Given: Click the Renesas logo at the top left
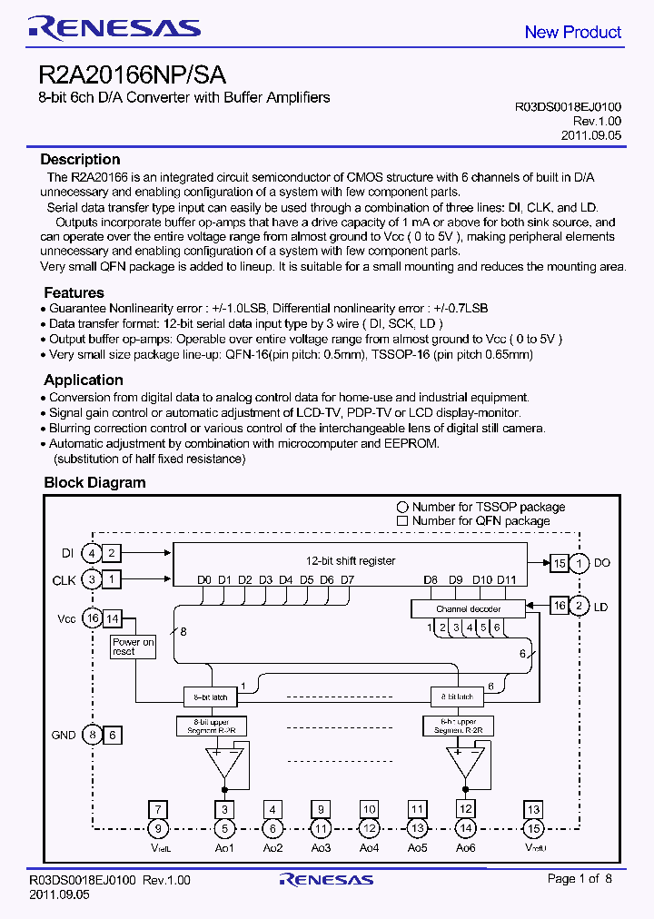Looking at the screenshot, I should click(x=114, y=29).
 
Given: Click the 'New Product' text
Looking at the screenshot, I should click(x=572, y=32).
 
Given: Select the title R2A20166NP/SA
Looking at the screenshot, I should click(x=133, y=74).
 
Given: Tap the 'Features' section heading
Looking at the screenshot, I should click(x=74, y=292).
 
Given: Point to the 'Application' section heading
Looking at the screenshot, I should click(x=83, y=380).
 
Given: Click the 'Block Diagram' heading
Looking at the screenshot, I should click(x=94, y=482).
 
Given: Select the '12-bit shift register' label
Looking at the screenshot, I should click(x=350, y=561).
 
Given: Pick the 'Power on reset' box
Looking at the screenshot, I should click(x=134, y=647).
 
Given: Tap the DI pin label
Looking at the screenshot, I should click(x=67, y=553).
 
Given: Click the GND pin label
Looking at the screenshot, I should click(x=64, y=735).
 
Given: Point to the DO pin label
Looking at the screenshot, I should click(x=602, y=563).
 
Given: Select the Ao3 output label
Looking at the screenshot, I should click(x=321, y=847).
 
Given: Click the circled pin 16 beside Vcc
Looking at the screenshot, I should click(x=91, y=618).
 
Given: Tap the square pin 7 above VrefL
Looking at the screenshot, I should click(x=159, y=809).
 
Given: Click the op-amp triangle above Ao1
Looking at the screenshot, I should click(x=224, y=760).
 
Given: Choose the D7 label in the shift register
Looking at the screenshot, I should click(x=347, y=579).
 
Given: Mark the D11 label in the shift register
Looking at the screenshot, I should click(x=507, y=579).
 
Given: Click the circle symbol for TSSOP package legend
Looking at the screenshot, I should click(x=402, y=507).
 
